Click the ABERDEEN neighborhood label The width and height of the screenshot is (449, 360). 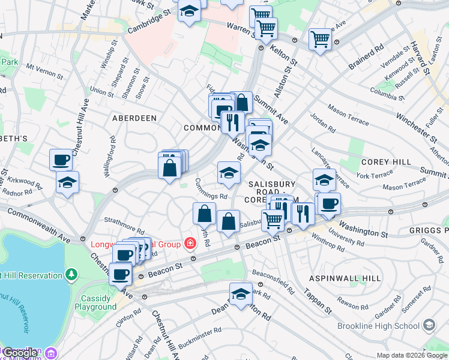tap(134, 119)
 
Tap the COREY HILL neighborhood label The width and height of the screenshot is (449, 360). tap(386, 162)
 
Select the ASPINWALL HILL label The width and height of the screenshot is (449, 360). tap(345, 279)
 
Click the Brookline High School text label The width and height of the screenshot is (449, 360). tap(382, 326)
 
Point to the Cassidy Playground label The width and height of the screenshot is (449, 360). tap(95, 302)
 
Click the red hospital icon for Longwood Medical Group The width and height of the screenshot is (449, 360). tap(190, 244)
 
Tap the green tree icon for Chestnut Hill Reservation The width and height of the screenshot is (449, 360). tap(71, 275)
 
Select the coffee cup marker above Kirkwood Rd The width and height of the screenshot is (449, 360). tap(61, 160)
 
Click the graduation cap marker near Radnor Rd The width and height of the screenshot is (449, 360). tap(67, 182)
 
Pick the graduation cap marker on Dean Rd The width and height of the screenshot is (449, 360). tap(241, 294)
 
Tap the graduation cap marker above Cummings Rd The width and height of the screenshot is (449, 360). tap(228, 173)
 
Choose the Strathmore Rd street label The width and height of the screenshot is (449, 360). tap(124, 226)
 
